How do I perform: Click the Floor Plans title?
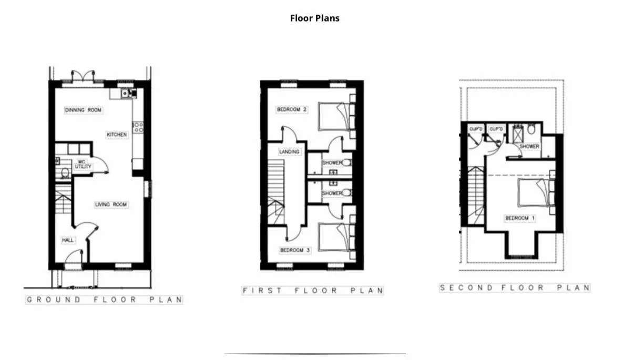point(314,18)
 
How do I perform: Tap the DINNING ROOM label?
point(83,110)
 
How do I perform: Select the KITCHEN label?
point(117,135)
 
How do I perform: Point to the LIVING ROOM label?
point(111,204)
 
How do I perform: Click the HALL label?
point(68,240)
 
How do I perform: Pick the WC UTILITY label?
point(83,164)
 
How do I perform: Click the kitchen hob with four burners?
point(138,127)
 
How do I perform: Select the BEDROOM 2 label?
point(292,109)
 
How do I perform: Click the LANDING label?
point(289,152)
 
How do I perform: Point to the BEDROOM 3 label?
point(295,250)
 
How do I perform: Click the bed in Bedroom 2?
point(334,116)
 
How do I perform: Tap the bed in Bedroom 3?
point(334,237)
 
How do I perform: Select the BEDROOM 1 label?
point(520,218)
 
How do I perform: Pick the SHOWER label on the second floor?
point(529,146)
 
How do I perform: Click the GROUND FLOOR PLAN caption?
point(104,300)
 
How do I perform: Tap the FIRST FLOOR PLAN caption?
point(313,291)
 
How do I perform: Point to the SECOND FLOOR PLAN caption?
point(515,287)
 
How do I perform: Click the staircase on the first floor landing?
point(276,192)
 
